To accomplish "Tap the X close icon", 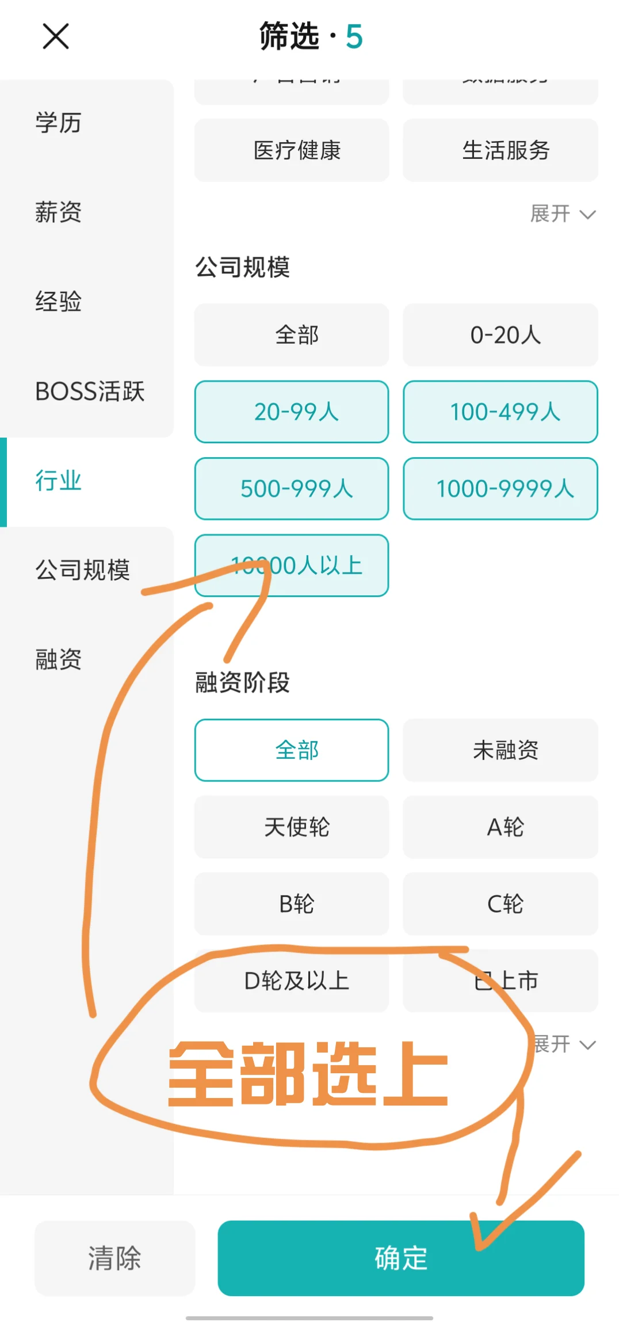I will [56, 36].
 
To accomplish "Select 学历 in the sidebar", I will [58, 123].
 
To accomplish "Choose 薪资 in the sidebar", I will [58, 212].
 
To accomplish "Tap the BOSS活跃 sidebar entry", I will [89, 392].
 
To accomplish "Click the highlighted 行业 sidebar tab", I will [58, 481].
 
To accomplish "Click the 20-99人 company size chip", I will [292, 412].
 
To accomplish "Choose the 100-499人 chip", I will [500, 412].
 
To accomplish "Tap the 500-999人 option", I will [292, 489].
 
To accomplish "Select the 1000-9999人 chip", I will [500, 489].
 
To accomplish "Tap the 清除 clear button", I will [114, 1258].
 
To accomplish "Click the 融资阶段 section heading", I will [242, 683].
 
